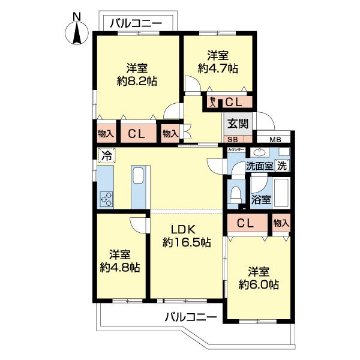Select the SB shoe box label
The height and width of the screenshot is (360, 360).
[x=231, y=139]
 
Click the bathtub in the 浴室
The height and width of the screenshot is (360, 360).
[x=280, y=191]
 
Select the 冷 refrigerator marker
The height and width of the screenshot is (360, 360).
[x=106, y=156]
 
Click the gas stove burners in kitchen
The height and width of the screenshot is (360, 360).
[x=106, y=197]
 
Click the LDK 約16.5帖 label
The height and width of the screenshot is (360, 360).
[x=186, y=235]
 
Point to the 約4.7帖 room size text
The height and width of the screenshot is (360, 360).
[x=218, y=68]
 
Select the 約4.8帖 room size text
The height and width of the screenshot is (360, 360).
[x=120, y=268]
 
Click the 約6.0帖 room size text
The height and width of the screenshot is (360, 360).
[x=259, y=284]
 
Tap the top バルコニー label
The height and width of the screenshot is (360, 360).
[x=136, y=23]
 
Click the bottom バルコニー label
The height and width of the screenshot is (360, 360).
[x=191, y=317]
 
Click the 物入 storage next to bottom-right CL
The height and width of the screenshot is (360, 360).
[x=281, y=223]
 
